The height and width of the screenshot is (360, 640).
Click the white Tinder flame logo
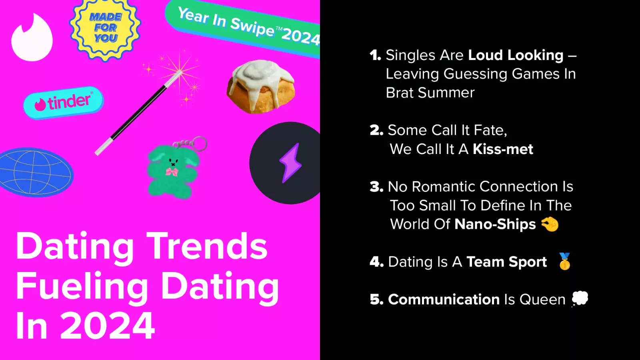[x=32, y=38]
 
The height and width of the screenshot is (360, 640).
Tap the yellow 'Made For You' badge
[x=105, y=28]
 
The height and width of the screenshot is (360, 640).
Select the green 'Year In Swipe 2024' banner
[x=243, y=27]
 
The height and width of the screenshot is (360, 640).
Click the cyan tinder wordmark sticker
[x=64, y=102]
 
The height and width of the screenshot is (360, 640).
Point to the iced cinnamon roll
[x=260, y=86]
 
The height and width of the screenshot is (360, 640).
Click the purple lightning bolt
[x=290, y=163]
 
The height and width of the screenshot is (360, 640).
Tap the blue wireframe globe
[x=36, y=172]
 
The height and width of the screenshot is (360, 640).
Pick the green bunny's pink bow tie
[x=172, y=172]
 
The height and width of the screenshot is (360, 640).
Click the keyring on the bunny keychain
[x=199, y=144]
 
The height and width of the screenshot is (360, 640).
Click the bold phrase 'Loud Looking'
[x=516, y=55]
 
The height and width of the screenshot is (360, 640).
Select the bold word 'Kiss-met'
[x=503, y=149]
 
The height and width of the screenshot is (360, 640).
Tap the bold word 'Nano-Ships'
[x=495, y=224]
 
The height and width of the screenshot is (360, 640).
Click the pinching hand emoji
[x=550, y=224]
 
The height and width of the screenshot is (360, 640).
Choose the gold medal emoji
[x=564, y=261]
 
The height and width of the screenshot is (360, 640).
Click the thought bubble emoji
[x=580, y=299]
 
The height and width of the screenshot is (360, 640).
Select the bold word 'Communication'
[x=444, y=300]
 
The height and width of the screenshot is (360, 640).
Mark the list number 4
[x=376, y=262]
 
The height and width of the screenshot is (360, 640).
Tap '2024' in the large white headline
[x=108, y=326]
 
